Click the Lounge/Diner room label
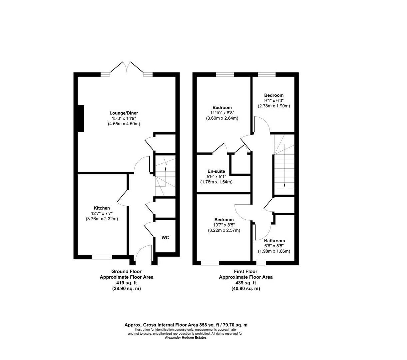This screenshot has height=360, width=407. tap(124, 113)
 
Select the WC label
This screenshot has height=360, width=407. tap(165, 238)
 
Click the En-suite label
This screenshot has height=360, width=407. tap(216, 171)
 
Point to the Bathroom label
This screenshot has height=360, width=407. tap(274, 241)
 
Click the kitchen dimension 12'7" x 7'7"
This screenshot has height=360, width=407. tap(102, 213)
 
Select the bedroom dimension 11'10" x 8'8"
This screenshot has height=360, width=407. tap(222, 113)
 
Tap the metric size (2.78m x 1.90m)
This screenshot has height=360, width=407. tap(274, 106)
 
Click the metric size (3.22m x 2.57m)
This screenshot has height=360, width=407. tap(224, 230)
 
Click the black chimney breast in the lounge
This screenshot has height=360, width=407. tap(80, 118)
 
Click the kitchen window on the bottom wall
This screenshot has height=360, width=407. tap(102, 257)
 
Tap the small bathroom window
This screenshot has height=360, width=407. tap(261, 263)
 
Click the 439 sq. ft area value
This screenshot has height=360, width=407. tap(245, 283)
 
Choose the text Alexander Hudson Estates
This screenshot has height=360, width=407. tap(186, 337)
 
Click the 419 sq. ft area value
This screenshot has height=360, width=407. tap(126, 283)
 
